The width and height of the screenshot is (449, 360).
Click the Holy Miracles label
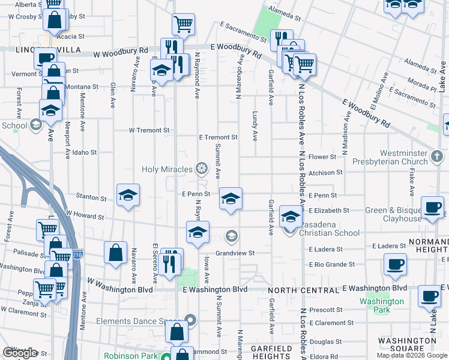pyautogui.click(x=167, y=169)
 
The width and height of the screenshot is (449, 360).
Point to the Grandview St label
pyautogui.click(x=236, y=253)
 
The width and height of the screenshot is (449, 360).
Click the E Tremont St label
pyautogui.click(x=218, y=137)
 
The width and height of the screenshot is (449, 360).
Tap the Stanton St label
pyautogui.click(x=91, y=197)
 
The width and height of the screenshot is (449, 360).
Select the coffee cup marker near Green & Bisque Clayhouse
pyautogui.click(x=432, y=208)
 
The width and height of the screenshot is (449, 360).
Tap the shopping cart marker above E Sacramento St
pyautogui.click(x=183, y=25)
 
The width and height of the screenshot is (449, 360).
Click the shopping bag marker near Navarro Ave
pyautogui.click(x=115, y=253)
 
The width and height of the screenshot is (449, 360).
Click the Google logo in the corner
pyautogui.click(x=20, y=353)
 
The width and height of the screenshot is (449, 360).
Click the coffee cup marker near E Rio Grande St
pyautogui.click(x=395, y=264)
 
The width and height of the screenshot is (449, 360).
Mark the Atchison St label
pyautogui.click(x=326, y=172)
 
